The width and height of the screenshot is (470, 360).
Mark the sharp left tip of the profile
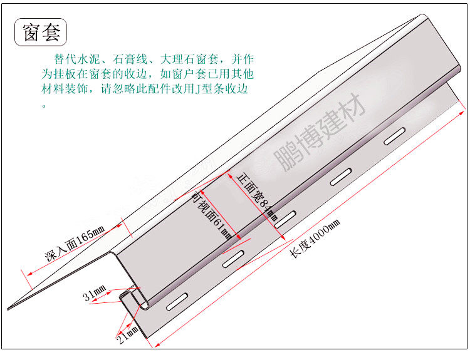9,308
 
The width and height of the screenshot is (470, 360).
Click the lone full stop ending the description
44,105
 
